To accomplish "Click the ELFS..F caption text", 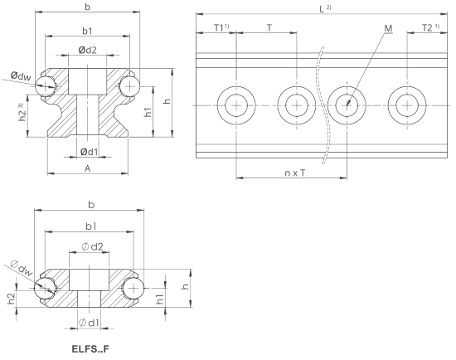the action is coord(90,348).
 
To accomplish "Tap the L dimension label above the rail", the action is coord(322,9).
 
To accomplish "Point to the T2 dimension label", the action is coord(427,28).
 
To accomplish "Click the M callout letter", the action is coord(388,28).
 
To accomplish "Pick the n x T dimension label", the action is coord(295,173).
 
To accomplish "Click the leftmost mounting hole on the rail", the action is coord(236,105).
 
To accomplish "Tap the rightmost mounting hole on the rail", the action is coord(407,105).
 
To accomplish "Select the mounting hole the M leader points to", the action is coord(347,105).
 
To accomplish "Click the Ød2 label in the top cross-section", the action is coord(87,50).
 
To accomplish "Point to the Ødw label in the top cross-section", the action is coord(21,76).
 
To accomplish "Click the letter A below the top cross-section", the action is coord(88,168).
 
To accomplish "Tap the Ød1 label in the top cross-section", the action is coord(90,152).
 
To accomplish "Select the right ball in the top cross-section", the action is coord(130,86).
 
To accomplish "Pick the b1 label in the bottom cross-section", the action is coord(91,226).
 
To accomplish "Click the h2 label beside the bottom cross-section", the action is coord(11,299).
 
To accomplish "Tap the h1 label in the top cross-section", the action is coord(148,112).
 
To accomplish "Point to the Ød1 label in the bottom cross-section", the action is coord(90,323).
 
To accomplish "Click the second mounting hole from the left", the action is coord(297,105).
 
